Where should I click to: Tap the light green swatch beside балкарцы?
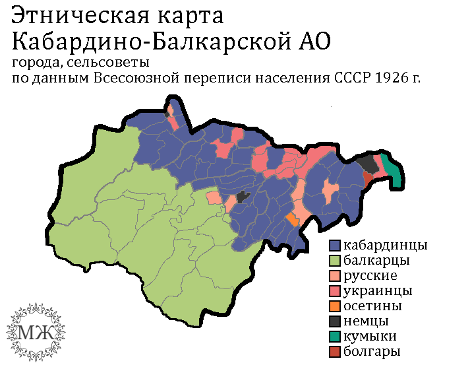pyautogui.click(x=337, y=261)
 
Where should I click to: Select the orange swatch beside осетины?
pyautogui.click(x=337, y=306)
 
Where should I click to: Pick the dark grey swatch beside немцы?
pyautogui.click(x=337, y=321)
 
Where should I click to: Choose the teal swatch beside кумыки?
pyautogui.click(x=337, y=337)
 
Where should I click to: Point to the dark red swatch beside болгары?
pyautogui.click(x=337, y=352)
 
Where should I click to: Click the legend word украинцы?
pyautogui.click(x=380, y=291)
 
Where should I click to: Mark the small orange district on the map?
pyautogui.click(x=291, y=218)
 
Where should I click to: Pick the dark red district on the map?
pyautogui.click(x=367, y=178)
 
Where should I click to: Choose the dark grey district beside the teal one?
pyautogui.click(x=367, y=163)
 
